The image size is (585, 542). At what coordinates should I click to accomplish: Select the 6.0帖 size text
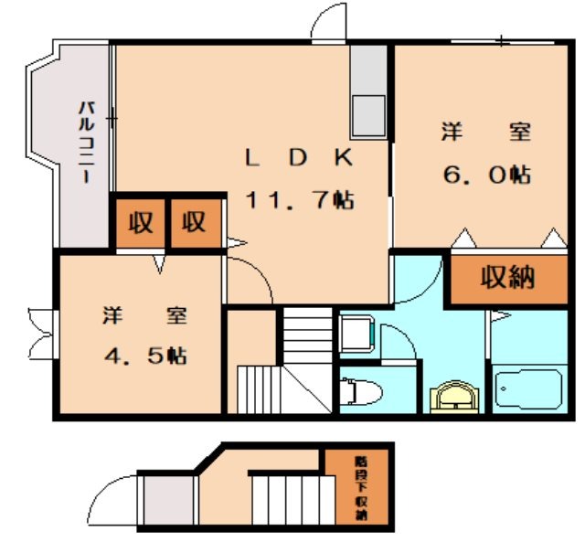coord(486,175)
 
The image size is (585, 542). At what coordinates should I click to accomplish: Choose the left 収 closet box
coord(140,222)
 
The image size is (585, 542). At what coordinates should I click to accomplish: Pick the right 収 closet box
coord(194,222)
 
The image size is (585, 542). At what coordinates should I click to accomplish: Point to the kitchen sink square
coord(370,115)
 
